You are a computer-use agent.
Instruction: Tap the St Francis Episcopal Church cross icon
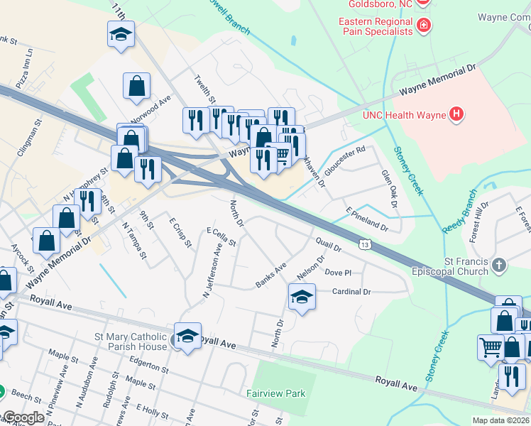[x=499, y=266]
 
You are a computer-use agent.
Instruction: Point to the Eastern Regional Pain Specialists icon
[x=423, y=26]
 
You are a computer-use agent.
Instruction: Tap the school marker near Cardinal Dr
[x=302, y=297]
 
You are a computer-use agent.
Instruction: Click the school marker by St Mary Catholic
[x=187, y=337]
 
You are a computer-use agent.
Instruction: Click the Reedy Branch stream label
[x=460, y=211]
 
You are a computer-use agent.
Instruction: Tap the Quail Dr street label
[x=329, y=245]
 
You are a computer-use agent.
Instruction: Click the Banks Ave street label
[x=270, y=276]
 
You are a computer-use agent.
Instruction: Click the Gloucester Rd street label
[x=344, y=161]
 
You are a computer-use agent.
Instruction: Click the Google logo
[x=23, y=417]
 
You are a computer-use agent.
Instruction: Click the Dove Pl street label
[x=337, y=273]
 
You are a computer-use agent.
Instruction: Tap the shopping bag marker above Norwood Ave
[x=136, y=87]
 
